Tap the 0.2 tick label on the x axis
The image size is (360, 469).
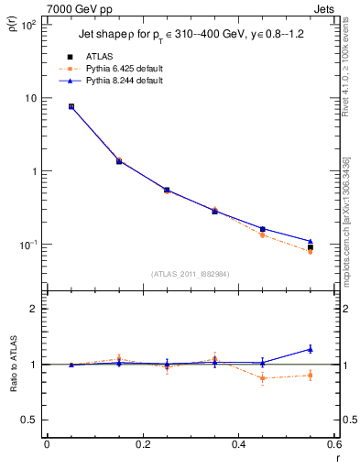click(142, 445)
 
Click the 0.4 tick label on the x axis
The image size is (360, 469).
click(237, 445)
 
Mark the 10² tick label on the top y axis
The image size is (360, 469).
click(27, 25)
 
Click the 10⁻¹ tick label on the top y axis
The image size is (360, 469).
click(27, 245)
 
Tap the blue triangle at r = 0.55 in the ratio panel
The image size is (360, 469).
click(311, 348)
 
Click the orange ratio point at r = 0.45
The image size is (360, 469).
click(263, 377)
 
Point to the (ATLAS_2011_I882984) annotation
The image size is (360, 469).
click(190, 273)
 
